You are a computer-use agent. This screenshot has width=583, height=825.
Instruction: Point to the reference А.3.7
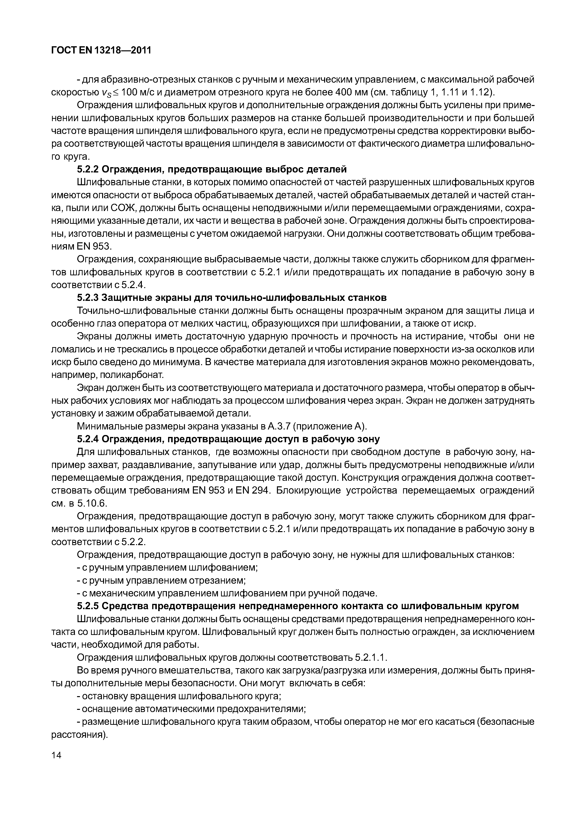[278, 427]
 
